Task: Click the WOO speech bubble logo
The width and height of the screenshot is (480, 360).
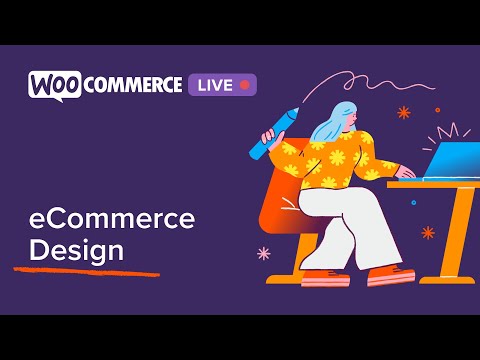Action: pos(54,84)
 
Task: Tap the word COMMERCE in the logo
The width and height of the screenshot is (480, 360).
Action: pos(132,85)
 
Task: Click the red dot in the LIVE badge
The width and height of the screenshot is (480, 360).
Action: pos(244,85)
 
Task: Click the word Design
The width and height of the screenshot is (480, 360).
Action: pos(76,249)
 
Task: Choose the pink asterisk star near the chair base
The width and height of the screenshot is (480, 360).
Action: pos(264,253)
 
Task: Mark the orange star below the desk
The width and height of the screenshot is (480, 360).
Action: pos(428,232)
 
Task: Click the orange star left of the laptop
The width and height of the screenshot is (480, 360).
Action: pos(404,113)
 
